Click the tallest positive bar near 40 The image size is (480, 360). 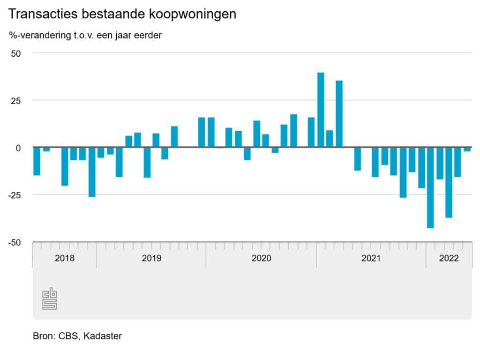[x=321, y=110]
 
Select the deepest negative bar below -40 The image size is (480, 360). [x=430, y=187]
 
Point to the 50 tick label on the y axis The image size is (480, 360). [x=16, y=53]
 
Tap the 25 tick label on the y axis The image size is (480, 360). [x=16, y=100]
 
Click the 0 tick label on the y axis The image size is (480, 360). [x=18, y=148]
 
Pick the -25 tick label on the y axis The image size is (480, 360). [x=15, y=195]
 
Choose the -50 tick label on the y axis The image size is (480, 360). [x=15, y=242]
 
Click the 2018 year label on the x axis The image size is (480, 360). [x=64, y=258]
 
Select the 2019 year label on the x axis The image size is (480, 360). [x=151, y=258]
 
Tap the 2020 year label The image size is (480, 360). [x=262, y=258]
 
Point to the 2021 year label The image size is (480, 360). [x=371, y=258]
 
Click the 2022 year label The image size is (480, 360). [x=449, y=258]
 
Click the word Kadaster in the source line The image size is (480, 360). [x=103, y=336]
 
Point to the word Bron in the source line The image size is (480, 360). [x=42, y=336]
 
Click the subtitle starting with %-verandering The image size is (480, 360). [x=85, y=36]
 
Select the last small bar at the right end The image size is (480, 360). [x=467, y=149]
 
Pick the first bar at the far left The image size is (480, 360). [x=37, y=161]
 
